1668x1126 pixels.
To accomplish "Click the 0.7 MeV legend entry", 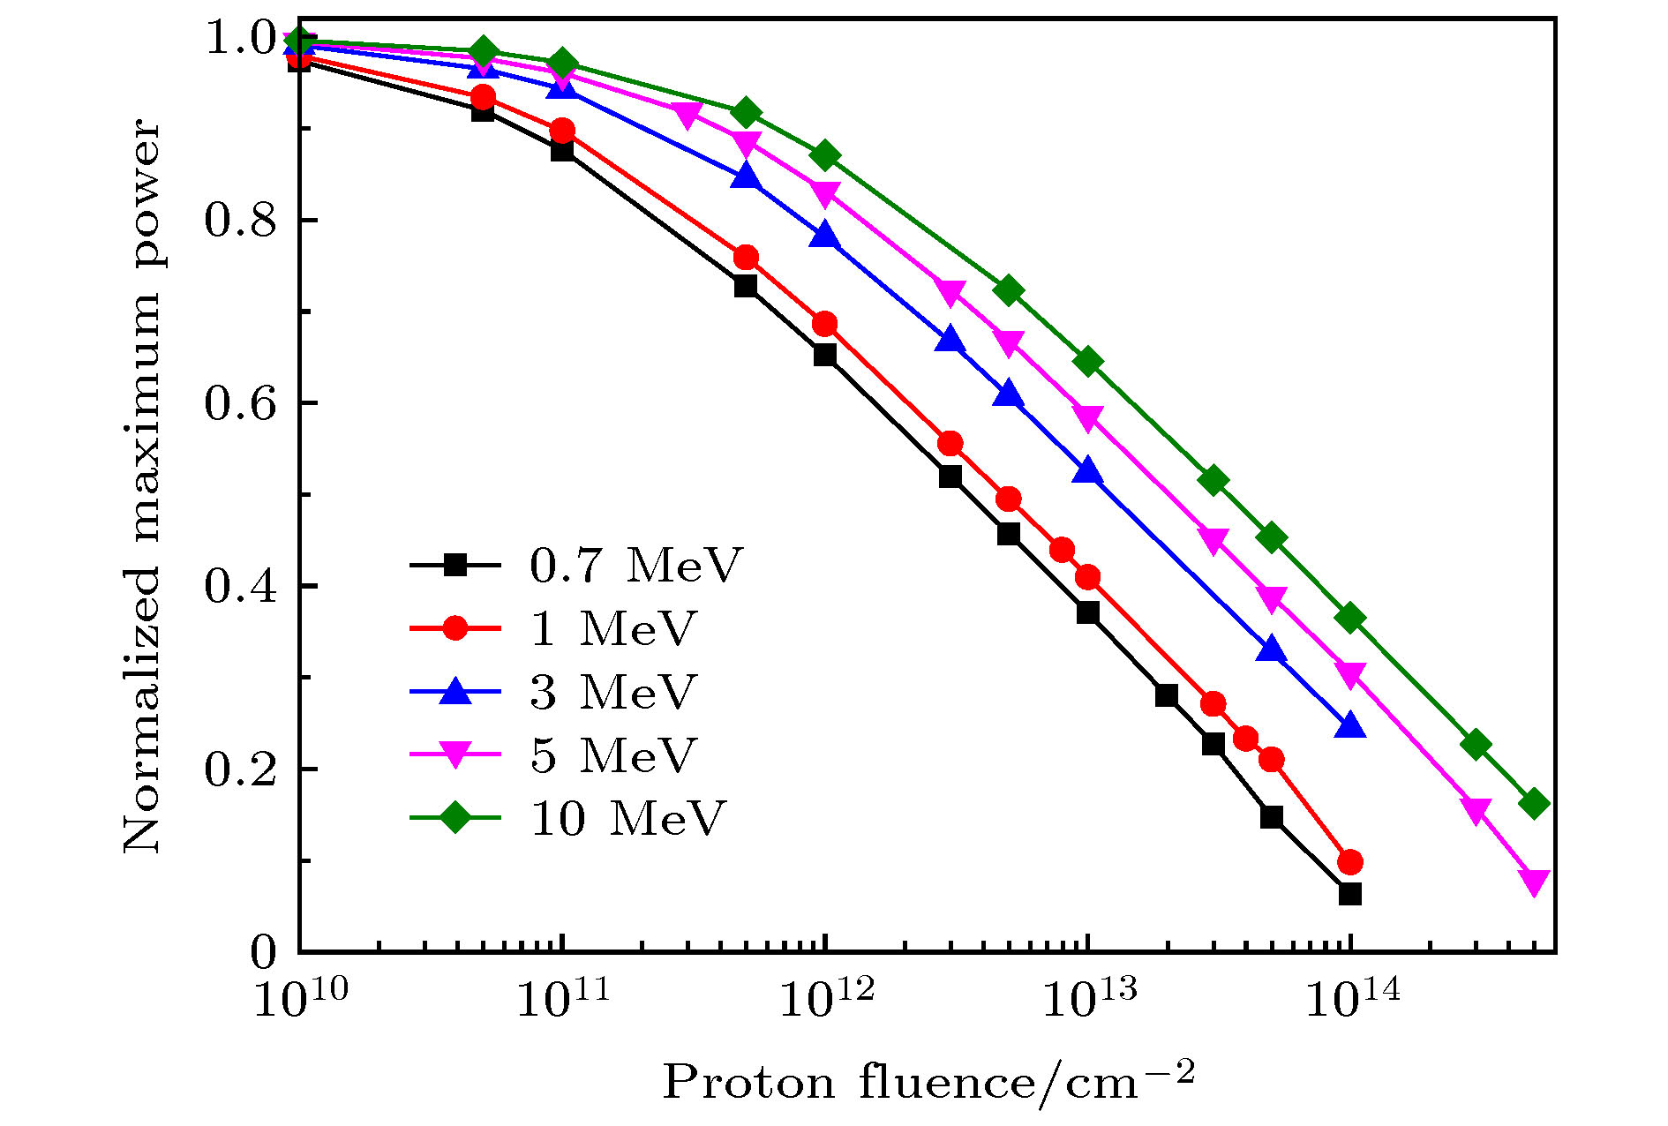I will pyautogui.click(x=635, y=565).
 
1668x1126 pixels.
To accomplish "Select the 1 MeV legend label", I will pyautogui.click(x=613, y=628).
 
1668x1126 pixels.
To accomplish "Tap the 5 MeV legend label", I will pyautogui.click(x=613, y=754).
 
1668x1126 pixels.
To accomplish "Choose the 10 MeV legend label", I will pyautogui.click(x=627, y=818).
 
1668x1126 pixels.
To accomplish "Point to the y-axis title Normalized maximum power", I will pyautogui.click(x=141, y=487).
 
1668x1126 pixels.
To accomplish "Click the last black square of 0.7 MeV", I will pyautogui.click(x=1349, y=894).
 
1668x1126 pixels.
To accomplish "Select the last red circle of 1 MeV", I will pyautogui.click(x=1349, y=861).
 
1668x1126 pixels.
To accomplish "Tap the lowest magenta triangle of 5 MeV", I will pyautogui.click(x=1534, y=882).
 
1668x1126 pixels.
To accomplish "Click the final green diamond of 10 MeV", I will pyautogui.click(x=1534, y=804).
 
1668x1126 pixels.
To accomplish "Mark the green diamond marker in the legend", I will pyautogui.click(x=455, y=817).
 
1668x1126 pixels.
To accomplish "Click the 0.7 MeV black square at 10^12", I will pyautogui.click(x=824, y=355).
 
